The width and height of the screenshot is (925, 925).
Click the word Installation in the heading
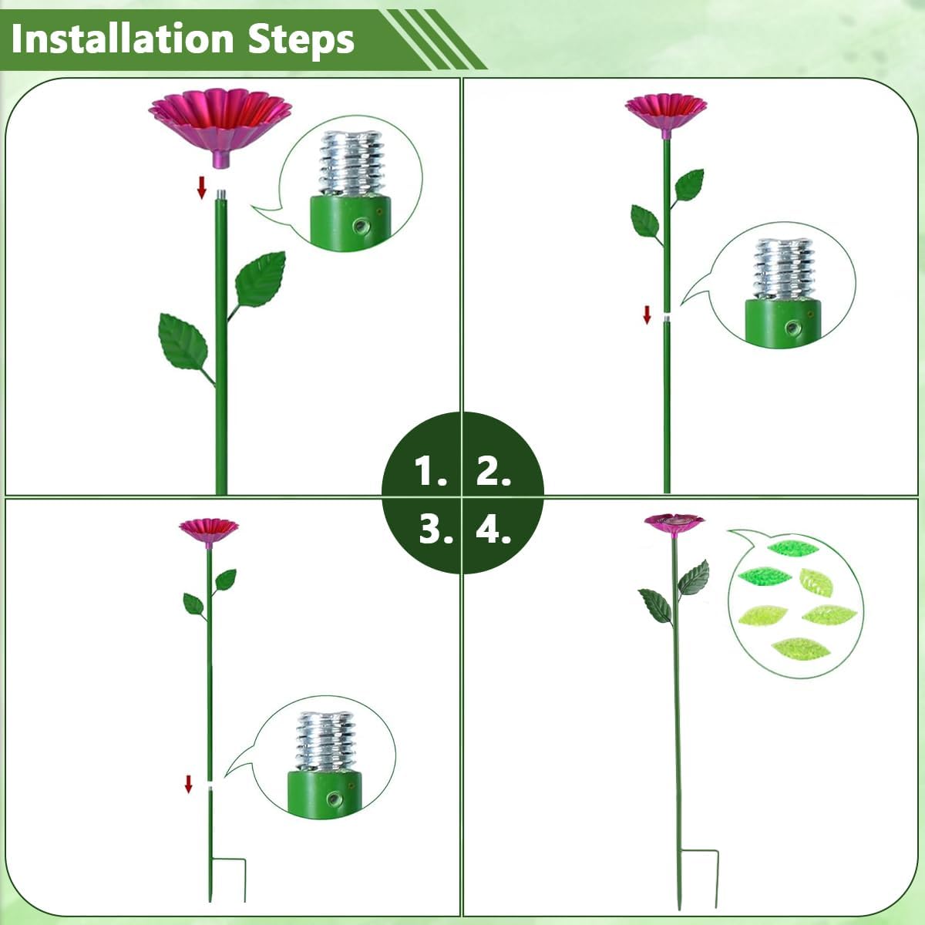(123, 39)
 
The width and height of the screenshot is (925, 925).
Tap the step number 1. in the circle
(430, 470)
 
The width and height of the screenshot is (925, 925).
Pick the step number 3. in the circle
(436, 530)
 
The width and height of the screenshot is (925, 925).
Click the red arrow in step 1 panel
(202, 187)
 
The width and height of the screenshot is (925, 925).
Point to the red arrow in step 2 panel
(647, 314)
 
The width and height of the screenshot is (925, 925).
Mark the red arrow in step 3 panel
(188, 784)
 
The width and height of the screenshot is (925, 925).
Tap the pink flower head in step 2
(665, 109)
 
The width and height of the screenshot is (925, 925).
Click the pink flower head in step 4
(674, 522)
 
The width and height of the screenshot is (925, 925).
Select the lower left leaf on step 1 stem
(183, 344)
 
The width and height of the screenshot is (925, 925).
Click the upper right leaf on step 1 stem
(261, 279)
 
